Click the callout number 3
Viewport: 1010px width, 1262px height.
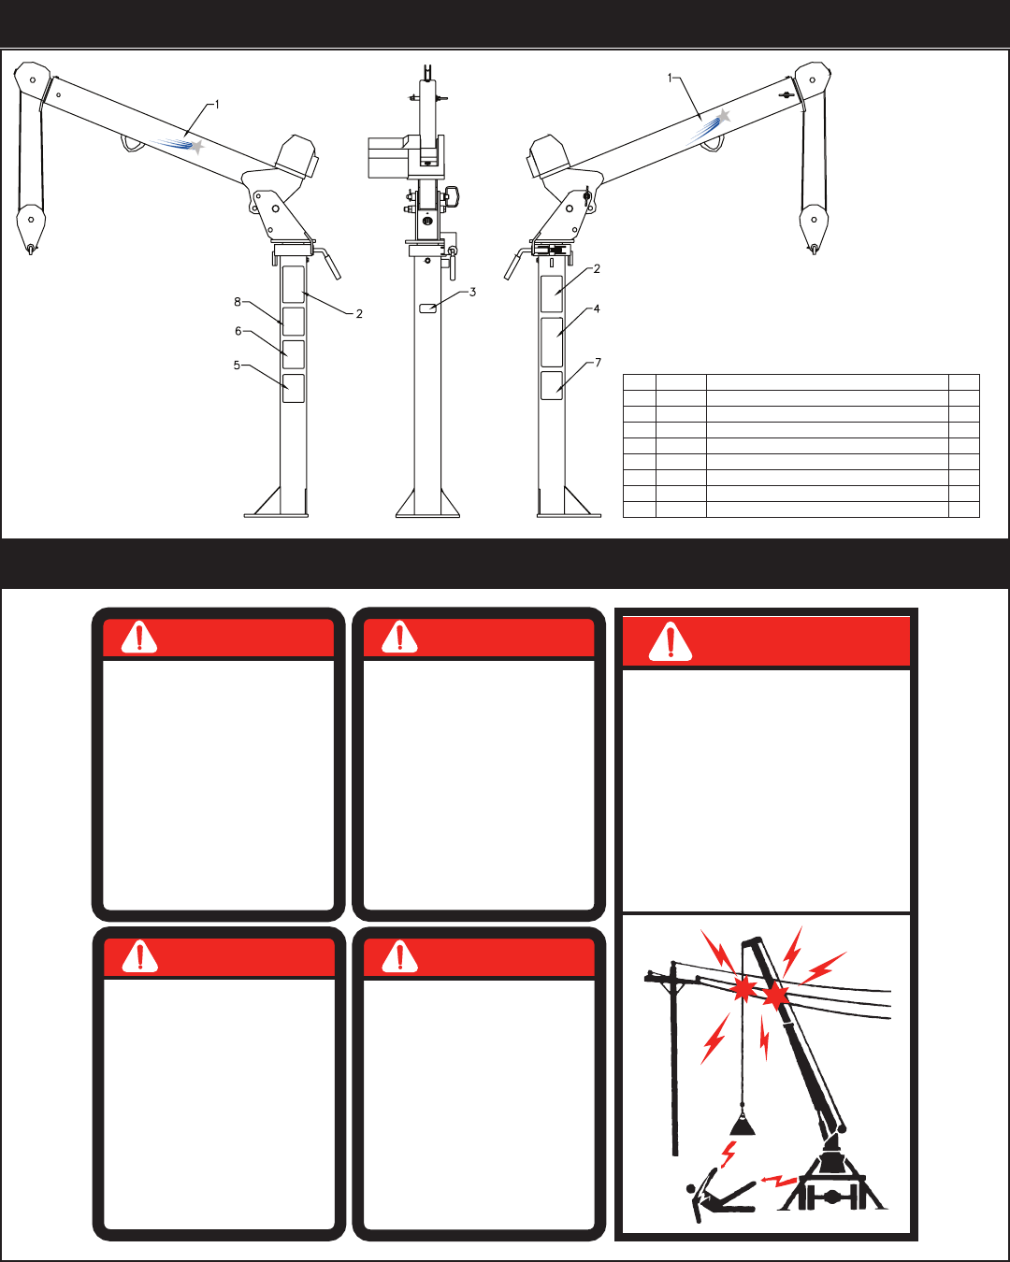[x=473, y=293]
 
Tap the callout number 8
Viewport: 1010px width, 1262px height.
[x=238, y=302]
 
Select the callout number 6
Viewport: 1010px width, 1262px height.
[x=238, y=331]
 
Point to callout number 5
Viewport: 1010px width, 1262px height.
[x=238, y=366]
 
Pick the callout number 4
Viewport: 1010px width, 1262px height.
[x=597, y=308]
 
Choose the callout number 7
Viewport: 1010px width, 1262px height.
[x=598, y=363]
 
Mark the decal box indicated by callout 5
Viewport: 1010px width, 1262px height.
[x=293, y=388]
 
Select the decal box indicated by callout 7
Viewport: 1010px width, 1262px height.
[x=551, y=385]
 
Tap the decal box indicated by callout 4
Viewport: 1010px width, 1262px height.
[x=551, y=342]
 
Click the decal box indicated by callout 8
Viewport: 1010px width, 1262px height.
[x=293, y=321]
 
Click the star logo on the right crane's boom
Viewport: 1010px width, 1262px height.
[x=722, y=118]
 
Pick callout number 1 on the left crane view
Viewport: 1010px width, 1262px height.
[x=217, y=105]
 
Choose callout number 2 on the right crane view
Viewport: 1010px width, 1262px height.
[x=597, y=269]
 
